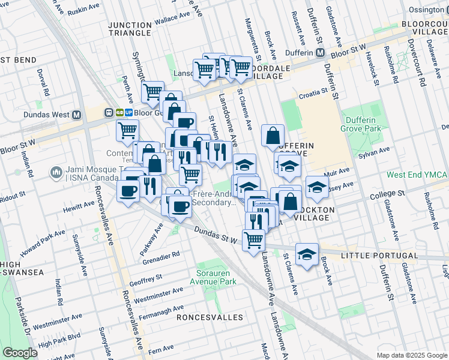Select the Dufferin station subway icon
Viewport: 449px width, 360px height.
[x=321, y=53]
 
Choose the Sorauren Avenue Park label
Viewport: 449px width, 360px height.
[x=213, y=277]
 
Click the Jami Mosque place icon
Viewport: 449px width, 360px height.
[x=57, y=173]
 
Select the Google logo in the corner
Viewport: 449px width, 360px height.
[x=20, y=353]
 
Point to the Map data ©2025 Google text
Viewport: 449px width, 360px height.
[x=411, y=355]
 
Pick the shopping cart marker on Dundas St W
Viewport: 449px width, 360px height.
[x=254, y=239]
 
